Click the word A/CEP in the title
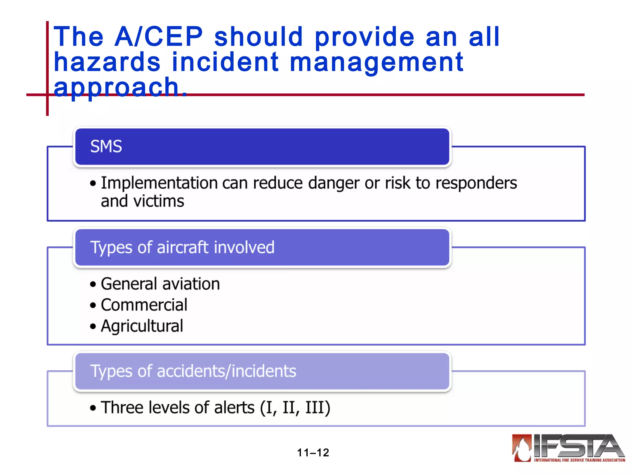(159, 37)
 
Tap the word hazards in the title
(107, 62)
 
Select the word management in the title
(376, 63)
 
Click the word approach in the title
(116, 87)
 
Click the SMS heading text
(106, 146)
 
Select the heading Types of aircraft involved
(182, 247)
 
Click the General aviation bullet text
(160, 284)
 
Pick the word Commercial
(144, 305)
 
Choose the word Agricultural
(142, 326)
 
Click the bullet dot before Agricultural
(93, 326)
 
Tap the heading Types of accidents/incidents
(193, 371)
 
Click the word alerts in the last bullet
(234, 408)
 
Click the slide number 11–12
(313, 453)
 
